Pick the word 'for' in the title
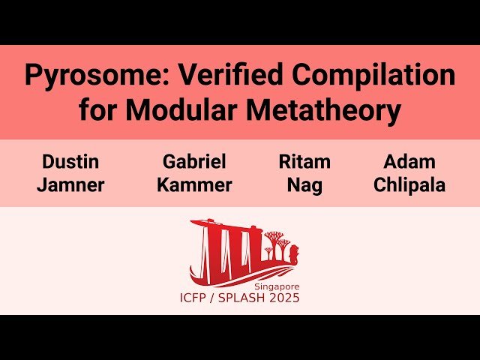pos(98,111)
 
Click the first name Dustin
pos(70,162)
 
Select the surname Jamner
pos(70,185)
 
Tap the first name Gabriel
pos(194,162)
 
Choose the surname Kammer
pos(194,185)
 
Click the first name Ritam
pos(304,162)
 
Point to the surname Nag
pos(304,185)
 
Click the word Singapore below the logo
pos(276,286)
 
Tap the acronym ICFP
pos(196,298)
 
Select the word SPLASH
pos(250,298)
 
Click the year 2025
pos(286,298)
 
